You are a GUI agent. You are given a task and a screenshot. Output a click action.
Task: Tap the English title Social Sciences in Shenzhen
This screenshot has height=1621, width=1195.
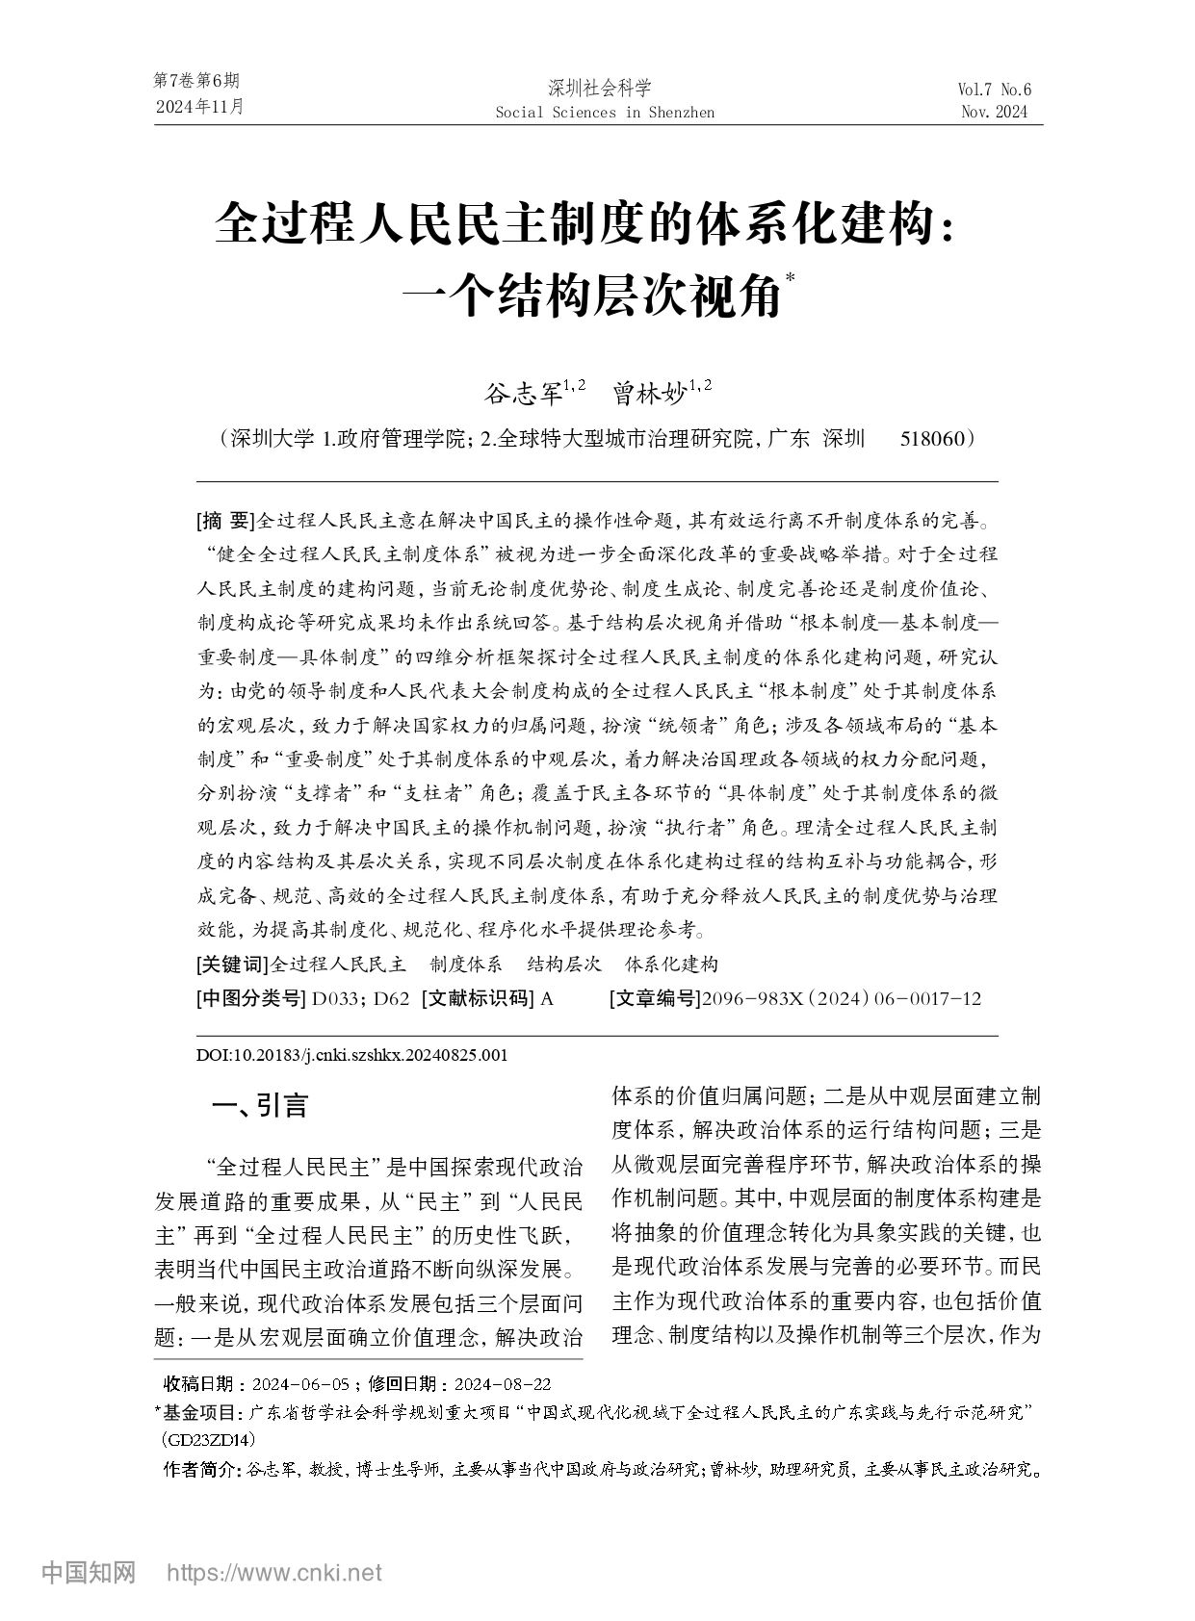click(604, 113)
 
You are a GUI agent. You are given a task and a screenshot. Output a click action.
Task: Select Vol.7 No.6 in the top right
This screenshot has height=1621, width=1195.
click(994, 90)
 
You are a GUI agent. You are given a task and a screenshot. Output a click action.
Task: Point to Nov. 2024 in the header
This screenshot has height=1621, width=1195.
click(994, 113)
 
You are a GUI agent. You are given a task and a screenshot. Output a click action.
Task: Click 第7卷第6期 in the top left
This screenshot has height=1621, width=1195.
click(196, 81)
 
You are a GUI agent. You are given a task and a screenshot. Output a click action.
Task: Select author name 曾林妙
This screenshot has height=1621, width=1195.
click(647, 393)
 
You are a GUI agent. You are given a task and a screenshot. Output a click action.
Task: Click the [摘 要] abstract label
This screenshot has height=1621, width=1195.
click(226, 522)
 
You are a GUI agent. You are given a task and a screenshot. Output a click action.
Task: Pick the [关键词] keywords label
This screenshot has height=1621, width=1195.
click(232, 965)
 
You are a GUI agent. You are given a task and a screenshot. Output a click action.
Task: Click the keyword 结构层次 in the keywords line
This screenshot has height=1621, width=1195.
click(564, 965)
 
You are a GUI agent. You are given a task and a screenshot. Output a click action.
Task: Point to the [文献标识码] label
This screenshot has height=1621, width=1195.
click(478, 998)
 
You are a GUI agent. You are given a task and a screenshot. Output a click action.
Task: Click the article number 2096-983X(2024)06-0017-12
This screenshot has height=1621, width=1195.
click(842, 998)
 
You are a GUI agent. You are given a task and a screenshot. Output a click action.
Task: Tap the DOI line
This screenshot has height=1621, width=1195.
click(351, 1055)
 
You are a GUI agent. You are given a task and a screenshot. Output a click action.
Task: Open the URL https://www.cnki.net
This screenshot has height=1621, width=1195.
click(274, 1573)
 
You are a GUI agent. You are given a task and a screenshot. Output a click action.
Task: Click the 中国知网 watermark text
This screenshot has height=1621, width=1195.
click(89, 1573)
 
